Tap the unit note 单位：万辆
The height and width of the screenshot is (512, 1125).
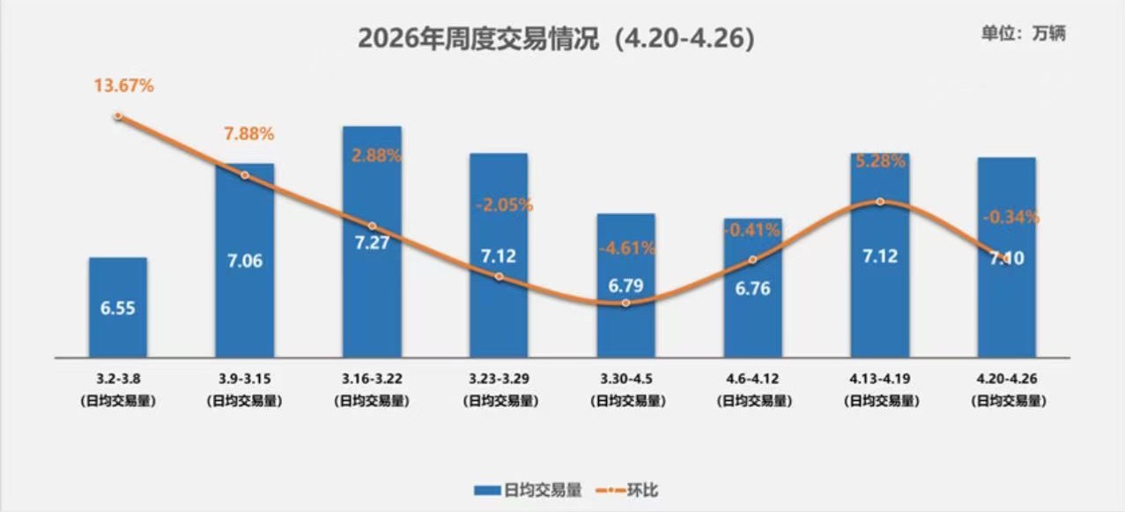point(1023,33)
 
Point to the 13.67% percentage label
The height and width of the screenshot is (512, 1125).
point(124,85)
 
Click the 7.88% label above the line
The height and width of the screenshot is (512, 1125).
point(248,134)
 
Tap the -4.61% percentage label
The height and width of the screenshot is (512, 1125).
point(625,248)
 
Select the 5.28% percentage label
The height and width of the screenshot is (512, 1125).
point(879,161)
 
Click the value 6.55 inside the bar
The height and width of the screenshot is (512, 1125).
point(118,308)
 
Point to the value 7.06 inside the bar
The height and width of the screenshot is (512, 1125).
point(245,261)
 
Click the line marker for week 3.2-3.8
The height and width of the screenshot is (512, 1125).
point(118,115)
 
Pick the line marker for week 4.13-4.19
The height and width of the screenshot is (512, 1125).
point(879,202)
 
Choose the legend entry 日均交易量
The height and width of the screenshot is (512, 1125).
point(528,490)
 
